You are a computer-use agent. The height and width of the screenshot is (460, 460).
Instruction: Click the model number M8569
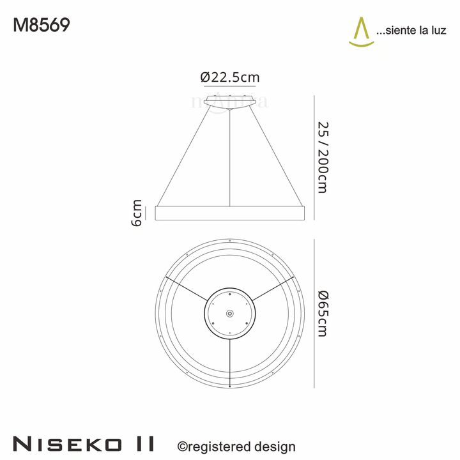[42, 25]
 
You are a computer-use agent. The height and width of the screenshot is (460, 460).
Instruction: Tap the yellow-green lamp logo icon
[361, 32]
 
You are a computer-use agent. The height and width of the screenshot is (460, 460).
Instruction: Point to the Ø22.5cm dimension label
[229, 77]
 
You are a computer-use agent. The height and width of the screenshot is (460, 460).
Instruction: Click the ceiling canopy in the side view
[229, 101]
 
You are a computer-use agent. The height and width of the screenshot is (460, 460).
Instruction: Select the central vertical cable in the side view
[229, 160]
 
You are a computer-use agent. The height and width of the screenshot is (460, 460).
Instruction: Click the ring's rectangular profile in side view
[229, 213]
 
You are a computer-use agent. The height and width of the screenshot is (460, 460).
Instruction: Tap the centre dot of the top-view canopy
[229, 313]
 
